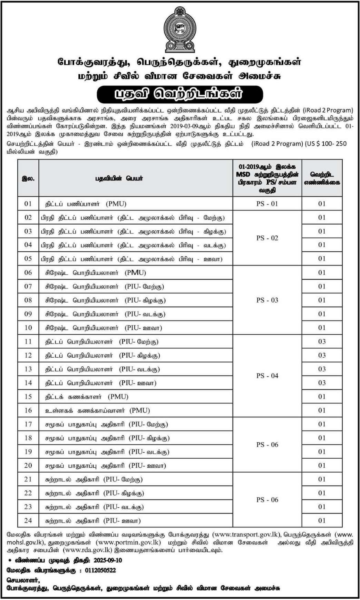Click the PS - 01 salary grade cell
[x=267, y=204]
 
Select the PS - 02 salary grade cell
[x=267, y=238]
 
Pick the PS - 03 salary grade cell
[x=267, y=300]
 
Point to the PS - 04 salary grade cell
[x=267, y=376]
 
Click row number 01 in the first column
[x=28, y=204]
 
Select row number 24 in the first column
[x=28, y=520]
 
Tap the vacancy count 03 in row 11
[x=322, y=342]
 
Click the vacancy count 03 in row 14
[x=322, y=383]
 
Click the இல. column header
[x=28, y=179]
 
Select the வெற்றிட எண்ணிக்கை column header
[x=322, y=179]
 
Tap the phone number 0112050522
[x=94, y=571]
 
